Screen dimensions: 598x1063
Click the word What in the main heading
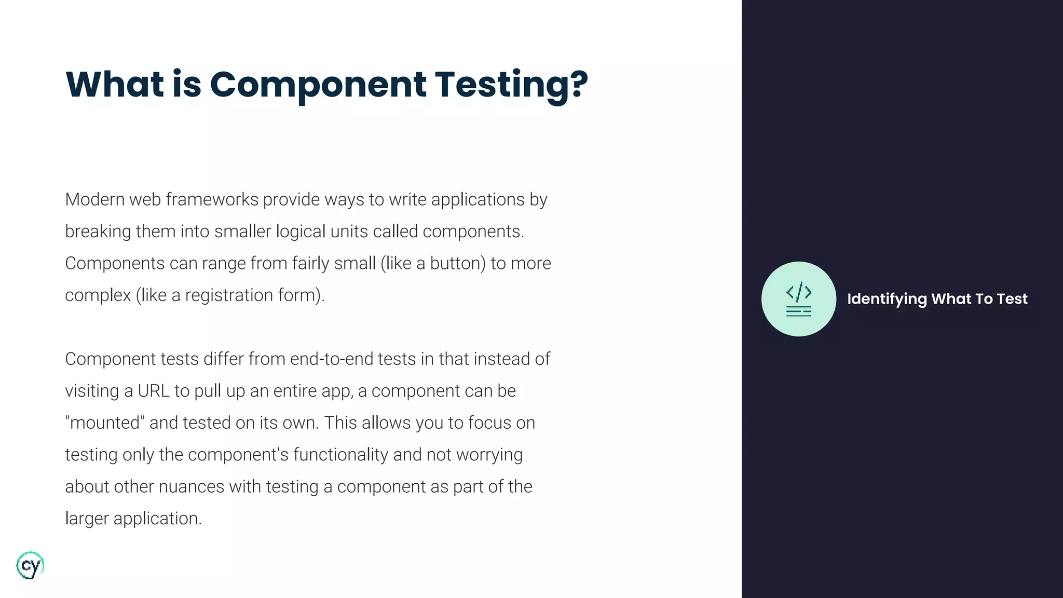click(115, 84)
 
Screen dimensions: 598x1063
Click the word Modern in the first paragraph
click(94, 199)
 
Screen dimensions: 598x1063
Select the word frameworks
click(212, 199)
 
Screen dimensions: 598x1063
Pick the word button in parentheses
click(455, 263)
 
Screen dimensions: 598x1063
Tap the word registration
click(229, 295)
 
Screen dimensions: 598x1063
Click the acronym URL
click(154, 391)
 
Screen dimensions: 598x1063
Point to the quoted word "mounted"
click(104, 423)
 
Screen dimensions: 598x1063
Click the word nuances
click(191, 487)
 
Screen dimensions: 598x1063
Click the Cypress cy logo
click(30, 565)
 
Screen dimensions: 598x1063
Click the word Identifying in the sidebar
click(887, 299)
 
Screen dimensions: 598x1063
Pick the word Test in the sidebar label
click(1012, 299)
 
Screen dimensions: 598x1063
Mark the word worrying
click(489, 455)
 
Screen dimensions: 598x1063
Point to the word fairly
click(310, 263)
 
